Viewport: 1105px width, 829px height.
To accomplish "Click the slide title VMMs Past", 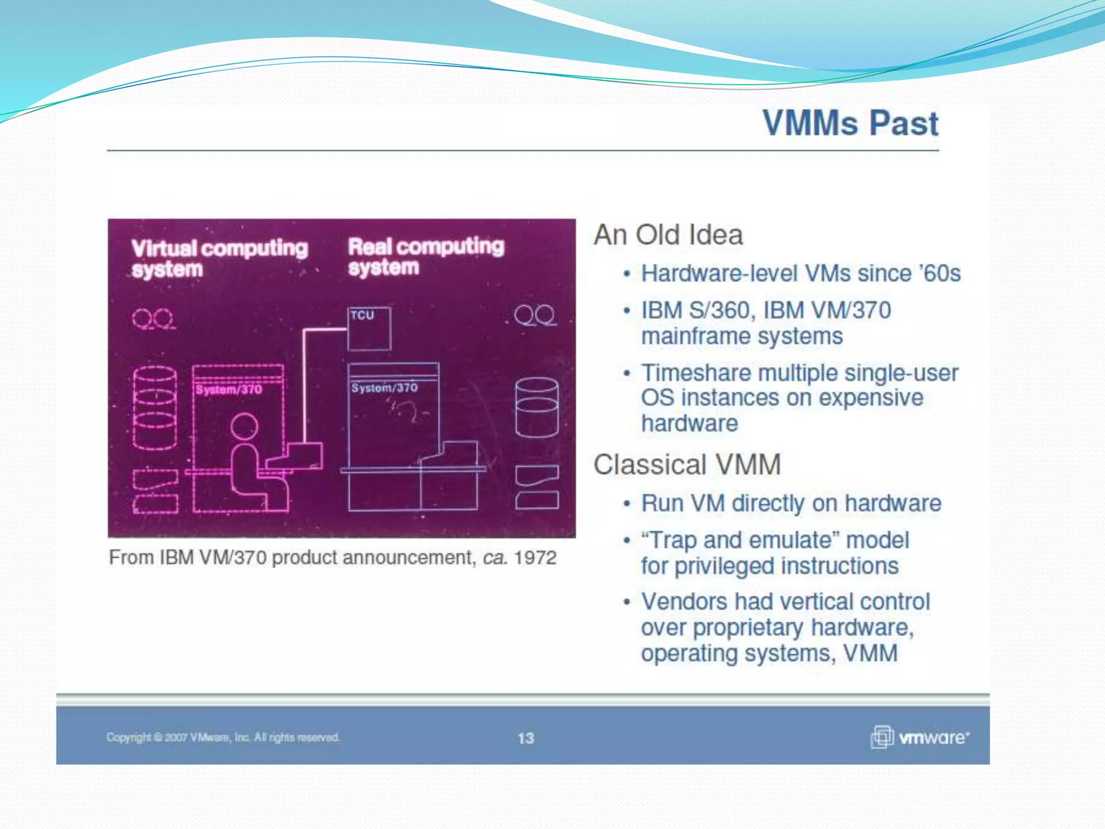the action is click(x=850, y=124).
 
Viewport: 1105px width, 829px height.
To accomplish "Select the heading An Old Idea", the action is click(x=668, y=235).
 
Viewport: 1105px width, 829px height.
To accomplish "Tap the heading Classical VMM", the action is click(x=687, y=465).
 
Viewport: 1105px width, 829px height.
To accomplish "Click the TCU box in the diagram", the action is click(x=369, y=328).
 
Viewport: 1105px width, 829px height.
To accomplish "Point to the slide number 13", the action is click(x=526, y=738).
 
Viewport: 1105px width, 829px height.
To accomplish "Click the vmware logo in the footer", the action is click(x=920, y=737).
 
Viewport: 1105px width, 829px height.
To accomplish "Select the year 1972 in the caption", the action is click(x=535, y=558).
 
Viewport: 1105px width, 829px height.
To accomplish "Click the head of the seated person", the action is click(x=244, y=426).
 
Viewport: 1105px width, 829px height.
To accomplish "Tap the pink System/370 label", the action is click(x=229, y=390).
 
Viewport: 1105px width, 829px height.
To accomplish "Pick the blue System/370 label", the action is click(x=384, y=388).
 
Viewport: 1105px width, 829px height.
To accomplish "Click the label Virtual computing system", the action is click(x=219, y=258).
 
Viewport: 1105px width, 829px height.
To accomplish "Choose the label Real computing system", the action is click(x=426, y=256).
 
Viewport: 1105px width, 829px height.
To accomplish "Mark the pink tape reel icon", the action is click(x=153, y=319).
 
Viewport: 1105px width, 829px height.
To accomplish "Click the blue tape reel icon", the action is click(x=535, y=315).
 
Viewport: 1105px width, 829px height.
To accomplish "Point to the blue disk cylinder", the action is click(x=537, y=407).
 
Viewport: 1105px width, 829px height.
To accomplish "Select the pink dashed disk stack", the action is click(x=155, y=407).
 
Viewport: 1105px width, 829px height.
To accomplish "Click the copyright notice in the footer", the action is click(x=223, y=737).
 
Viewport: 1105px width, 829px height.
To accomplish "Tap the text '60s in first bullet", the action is click(x=942, y=274).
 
